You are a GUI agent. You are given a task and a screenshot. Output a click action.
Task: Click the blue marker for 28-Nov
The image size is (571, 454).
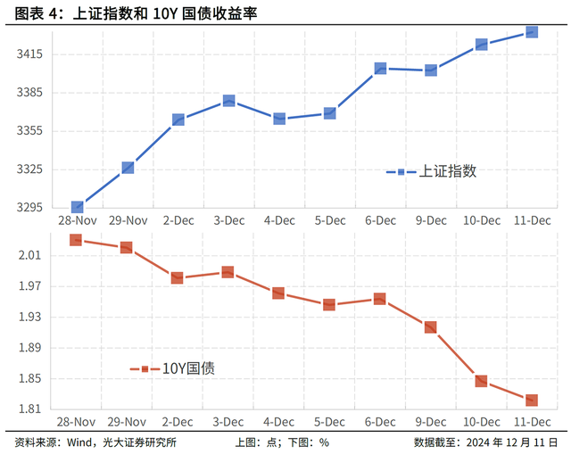point(77,207)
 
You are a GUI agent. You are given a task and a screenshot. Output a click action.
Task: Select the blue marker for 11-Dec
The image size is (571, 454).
point(531,31)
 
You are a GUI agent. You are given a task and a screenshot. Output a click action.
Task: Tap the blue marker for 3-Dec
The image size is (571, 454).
point(228,101)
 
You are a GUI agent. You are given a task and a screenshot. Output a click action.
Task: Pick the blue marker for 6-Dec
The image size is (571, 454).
point(380,68)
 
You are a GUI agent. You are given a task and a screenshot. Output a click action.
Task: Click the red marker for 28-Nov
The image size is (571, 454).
point(76,240)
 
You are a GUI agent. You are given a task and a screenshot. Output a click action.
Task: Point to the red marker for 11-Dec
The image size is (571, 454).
point(531,400)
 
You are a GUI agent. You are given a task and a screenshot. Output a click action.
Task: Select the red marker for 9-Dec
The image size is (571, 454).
point(430,327)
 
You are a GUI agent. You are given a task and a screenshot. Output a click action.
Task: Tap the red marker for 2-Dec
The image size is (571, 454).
point(178,277)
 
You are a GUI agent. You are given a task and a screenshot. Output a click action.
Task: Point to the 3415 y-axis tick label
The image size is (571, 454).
point(30,54)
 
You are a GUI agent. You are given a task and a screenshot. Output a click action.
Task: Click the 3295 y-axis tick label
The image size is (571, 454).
point(30,208)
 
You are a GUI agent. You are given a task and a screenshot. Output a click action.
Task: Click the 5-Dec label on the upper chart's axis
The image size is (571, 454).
point(329,220)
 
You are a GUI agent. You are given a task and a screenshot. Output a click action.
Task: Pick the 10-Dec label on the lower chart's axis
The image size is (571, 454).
point(481,421)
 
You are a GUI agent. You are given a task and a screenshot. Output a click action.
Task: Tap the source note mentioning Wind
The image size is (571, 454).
point(95,442)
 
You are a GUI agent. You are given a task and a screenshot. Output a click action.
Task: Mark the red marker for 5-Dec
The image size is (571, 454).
point(329,304)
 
